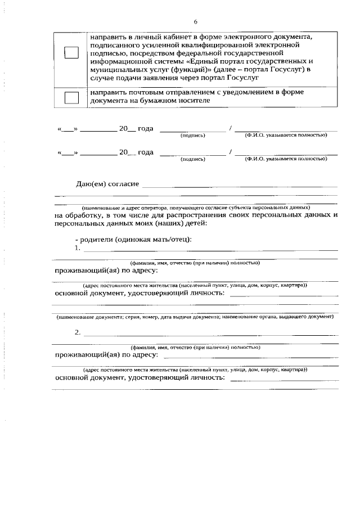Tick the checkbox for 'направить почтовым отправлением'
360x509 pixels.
click(x=71, y=97)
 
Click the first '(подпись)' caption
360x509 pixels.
click(x=192, y=136)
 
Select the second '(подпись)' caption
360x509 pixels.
click(x=192, y=159)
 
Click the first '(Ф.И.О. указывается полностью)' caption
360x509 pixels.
click(x=285, y=136)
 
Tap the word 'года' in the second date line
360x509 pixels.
click(x=146, y=152)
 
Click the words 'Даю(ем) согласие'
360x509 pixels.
click(x=107, y=184)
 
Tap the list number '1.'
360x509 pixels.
click(x=78, y=247)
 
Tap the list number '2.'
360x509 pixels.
click(x=78, y=332)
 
